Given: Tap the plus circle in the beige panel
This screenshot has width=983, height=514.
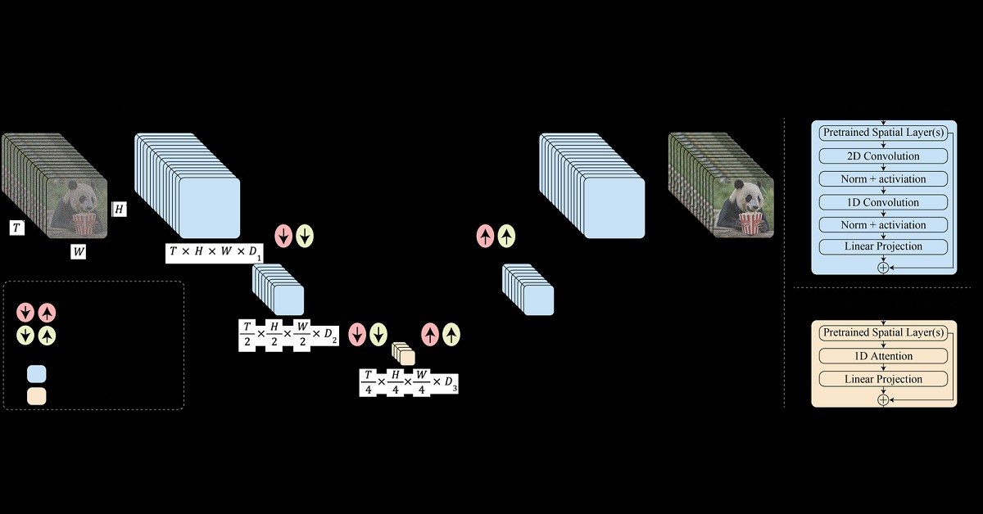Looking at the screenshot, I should tap(883, 399).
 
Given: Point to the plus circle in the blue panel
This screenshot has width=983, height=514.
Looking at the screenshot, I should tap(883, 267).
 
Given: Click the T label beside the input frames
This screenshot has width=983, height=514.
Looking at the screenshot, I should tap(17, 228).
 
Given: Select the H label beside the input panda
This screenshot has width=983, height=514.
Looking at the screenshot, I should tap(120, 209).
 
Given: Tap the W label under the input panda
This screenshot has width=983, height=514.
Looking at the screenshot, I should tap(78, 251).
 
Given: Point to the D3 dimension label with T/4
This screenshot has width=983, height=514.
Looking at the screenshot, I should tap(408, 382).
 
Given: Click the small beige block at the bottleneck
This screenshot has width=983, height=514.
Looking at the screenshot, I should tap(405, 354).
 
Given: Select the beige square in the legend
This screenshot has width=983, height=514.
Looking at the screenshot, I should tap(37, 396).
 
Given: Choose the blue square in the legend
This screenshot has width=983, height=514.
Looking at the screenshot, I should tap(37, 374).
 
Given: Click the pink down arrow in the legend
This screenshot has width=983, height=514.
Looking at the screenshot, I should tap(26, 312).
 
